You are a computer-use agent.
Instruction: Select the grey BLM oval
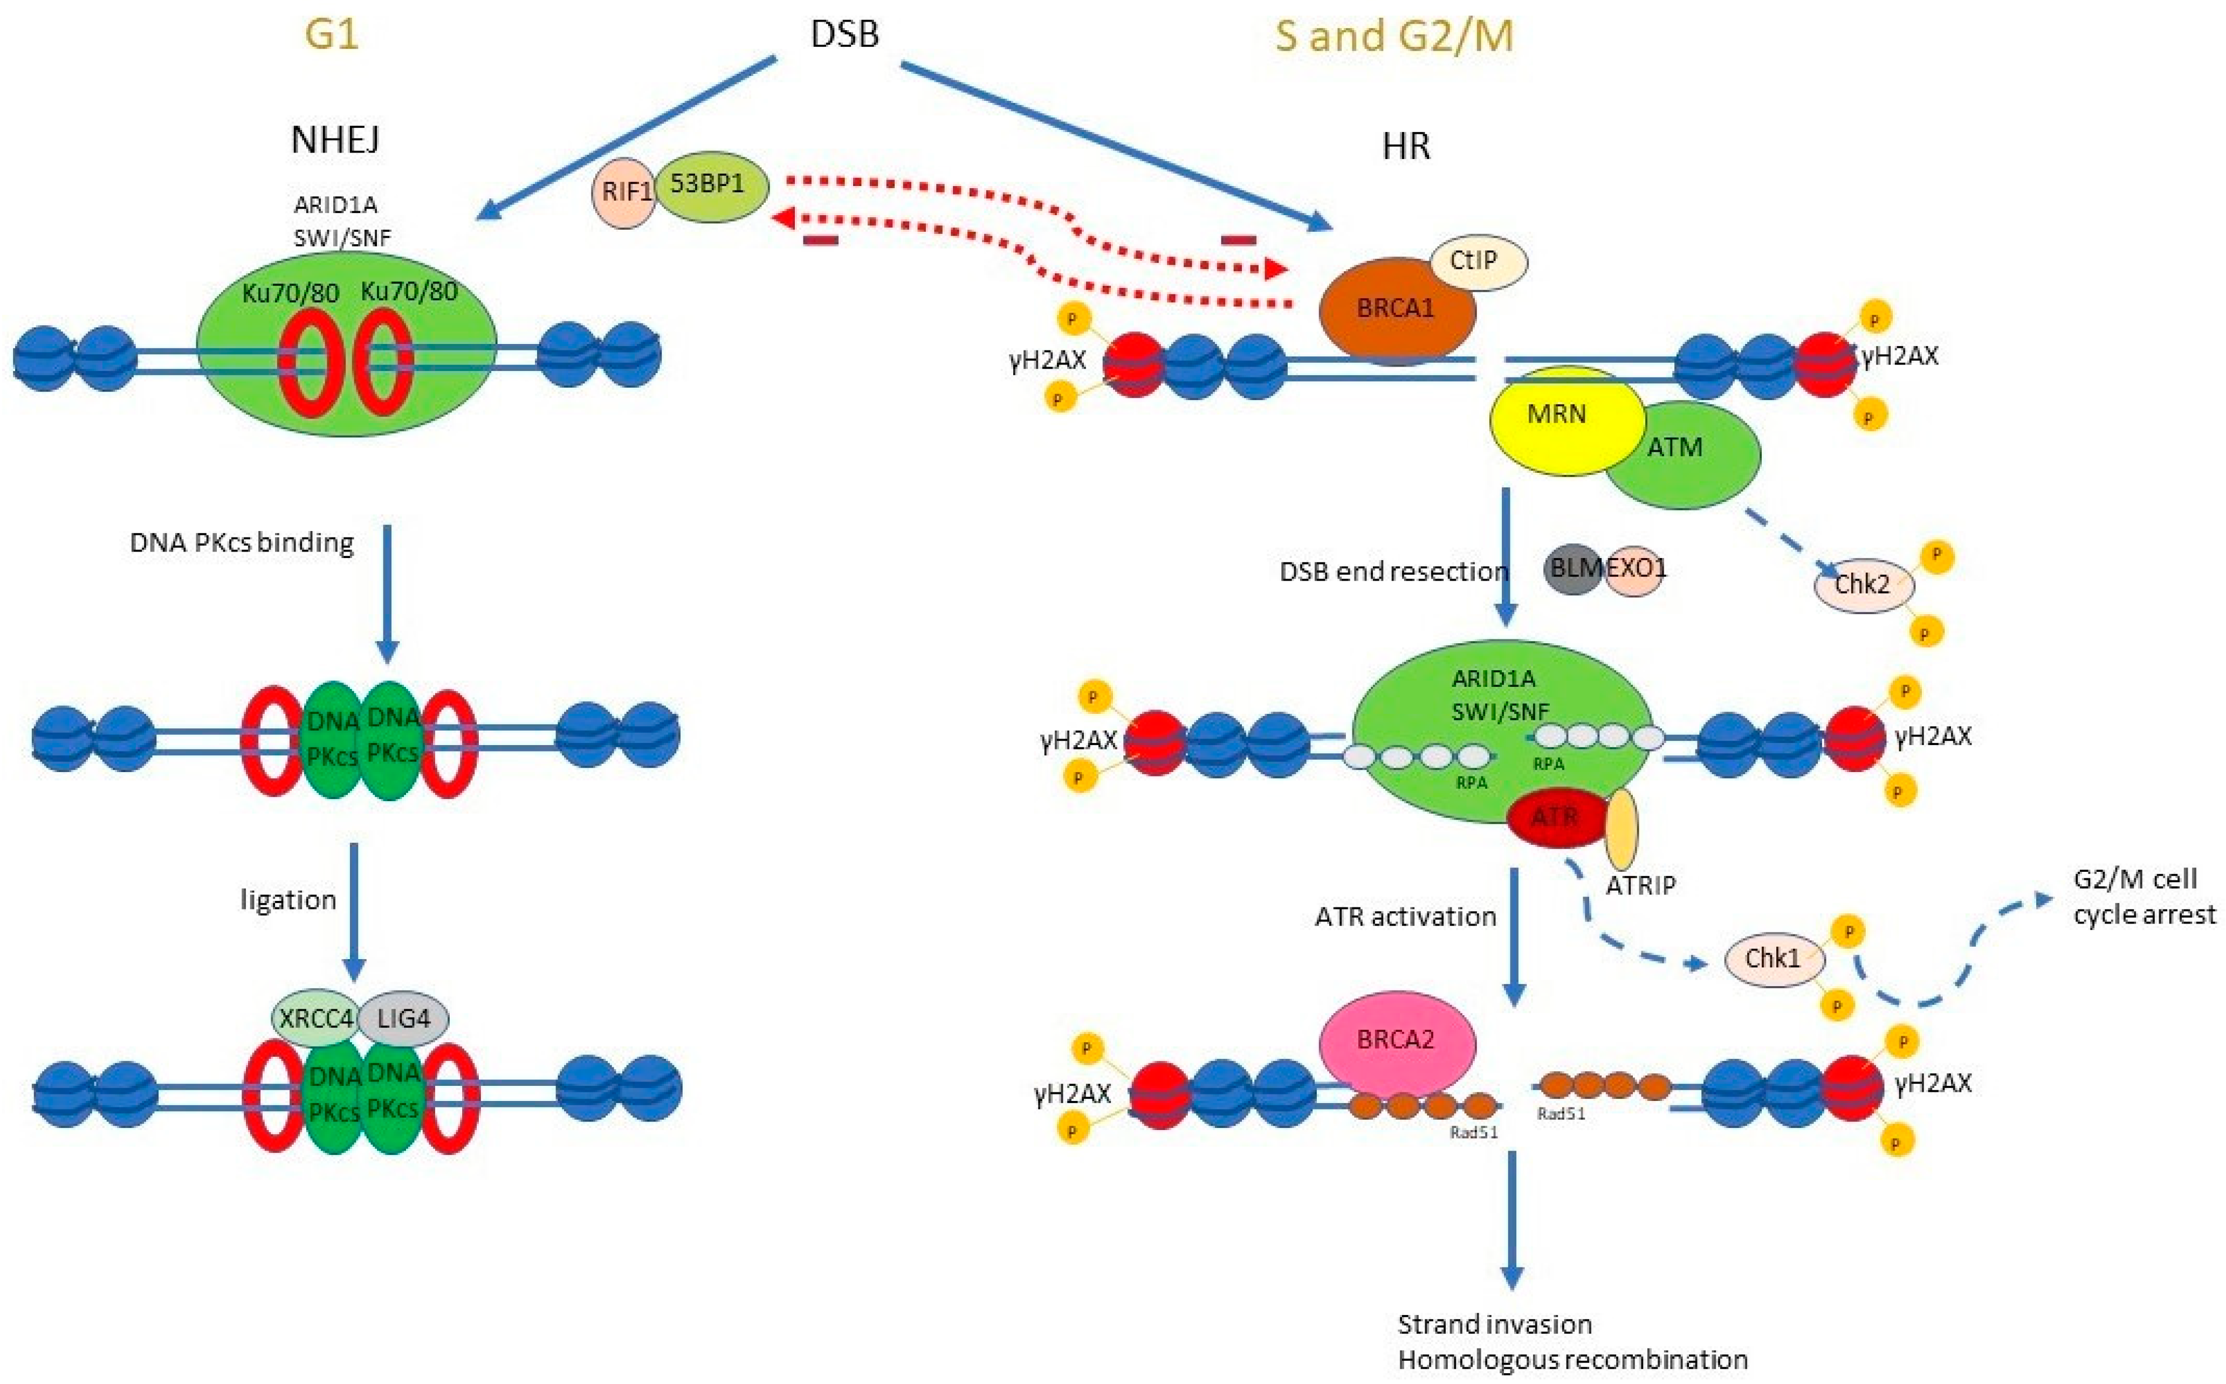tap(1572, 568)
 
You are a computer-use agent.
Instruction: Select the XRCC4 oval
tap(315, 1018)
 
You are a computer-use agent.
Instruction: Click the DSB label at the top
tap(844, 35)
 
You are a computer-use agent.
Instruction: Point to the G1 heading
tap(331, 35)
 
